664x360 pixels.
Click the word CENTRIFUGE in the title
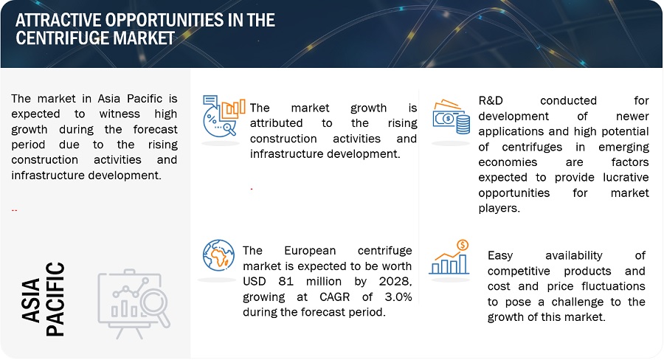pyautogui.click(x=62, y=38)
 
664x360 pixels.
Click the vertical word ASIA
pyautogui.click(x=30, y=301)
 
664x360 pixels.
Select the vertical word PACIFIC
pyautogui.click(x=55, y=300)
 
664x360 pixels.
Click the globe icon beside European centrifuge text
pyautogui.click(x=218, y=255)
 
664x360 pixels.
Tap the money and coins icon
pyautogui.click(x=451, y=117)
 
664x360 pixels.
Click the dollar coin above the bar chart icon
pyautogui.click(x=463, y=245)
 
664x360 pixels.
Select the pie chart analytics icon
pyautogui.click(x=224, y=116)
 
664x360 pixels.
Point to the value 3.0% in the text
pyautogui.click(x=398, y=297)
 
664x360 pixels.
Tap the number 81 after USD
pyautogui.click(x=286, y=282)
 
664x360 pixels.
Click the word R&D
pyautogui.click(x=491, y=101)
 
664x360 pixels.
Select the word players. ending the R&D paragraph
pyautogui.click(x=499, y=208)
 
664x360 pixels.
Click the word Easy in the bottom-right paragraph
pyautogui.click(x=500, y=256)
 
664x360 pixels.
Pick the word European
pyautogui.click(x=310, y=251)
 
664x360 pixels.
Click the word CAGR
pyautogui.click(x=334, y=297)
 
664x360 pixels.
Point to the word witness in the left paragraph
pyautogui.click(x=120, y=114)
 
